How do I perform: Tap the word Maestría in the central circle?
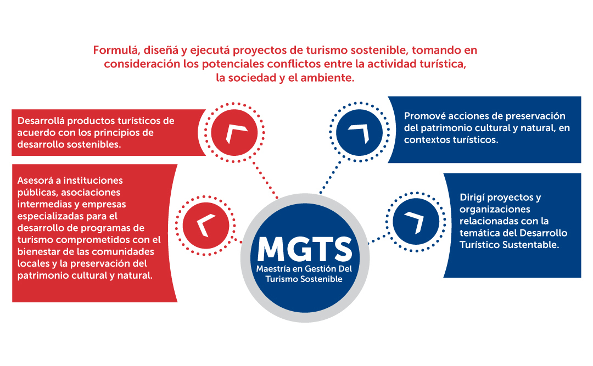point(273,269)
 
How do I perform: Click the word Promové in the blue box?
point(424,116)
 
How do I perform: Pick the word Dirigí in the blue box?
point(472,198)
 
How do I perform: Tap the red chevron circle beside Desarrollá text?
point(234,133)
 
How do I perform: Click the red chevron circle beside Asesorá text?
point(206,226)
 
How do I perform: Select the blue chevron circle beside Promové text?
point(359,132)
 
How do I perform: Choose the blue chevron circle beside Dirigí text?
point(416,222)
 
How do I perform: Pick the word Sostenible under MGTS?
point(323,279)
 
